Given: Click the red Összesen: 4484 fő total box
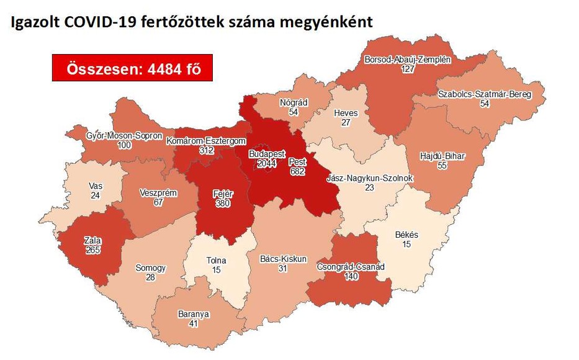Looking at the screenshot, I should pos(133,69).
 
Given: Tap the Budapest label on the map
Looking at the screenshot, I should pos(266,153).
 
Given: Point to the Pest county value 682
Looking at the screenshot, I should pos(297,171).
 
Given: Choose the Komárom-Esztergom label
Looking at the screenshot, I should pos(206,142).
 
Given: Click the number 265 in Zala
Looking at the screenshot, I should pos(94,250).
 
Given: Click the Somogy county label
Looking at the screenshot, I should pos(150,268).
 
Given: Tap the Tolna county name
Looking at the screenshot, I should pos(216,260).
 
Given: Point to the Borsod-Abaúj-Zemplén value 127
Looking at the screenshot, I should pos(407,70).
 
